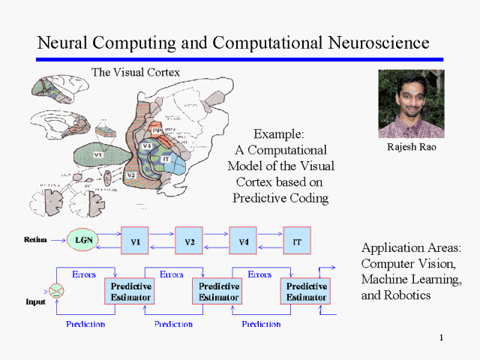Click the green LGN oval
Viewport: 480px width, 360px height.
pyautogui.click(x=82, y=241)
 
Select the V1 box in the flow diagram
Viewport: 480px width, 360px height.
pyautogui.click(x=135, y=241)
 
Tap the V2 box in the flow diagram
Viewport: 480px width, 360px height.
pyautogui.click(x=189, y=241)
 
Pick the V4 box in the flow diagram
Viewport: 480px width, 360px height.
pyautogui.click(x=242, y=241)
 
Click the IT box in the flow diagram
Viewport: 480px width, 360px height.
pyautogui.click(x=296, y=241)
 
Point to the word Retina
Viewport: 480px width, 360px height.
pyautogui.click(x=35, y=241)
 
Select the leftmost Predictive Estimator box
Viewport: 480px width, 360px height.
pyautogui.click(x=131, y=291)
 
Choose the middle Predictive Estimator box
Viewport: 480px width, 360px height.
pyautogui.click(x=219, y=291)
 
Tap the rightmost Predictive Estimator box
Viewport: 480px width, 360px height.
pyautogui.click(x=307, y=291)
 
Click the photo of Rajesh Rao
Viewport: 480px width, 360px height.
pyautogui.click(x=411, y=104)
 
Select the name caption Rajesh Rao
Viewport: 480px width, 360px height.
pyautogui.click(x=411, y=148)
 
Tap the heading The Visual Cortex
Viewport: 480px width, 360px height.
pyautogui.click(x=135, y=72)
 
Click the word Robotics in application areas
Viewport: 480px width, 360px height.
pyautogui.click(x=405, y=295)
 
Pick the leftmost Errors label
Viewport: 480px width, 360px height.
pyautogui.click(x=83, y=274)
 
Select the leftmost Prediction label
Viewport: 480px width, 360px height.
pyautogui.click(x=85, y=324)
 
